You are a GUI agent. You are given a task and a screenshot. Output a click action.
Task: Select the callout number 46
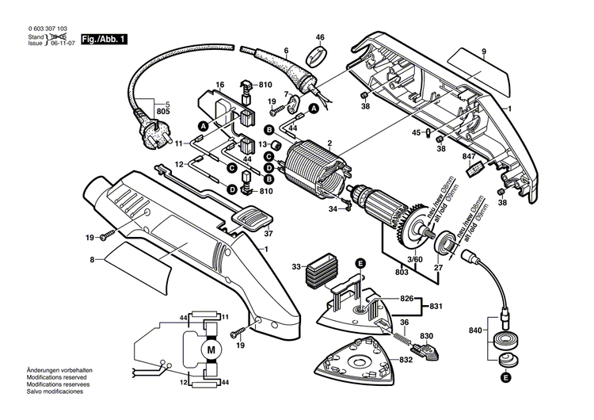(321, 37)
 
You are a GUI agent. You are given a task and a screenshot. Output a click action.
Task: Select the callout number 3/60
(414, 260)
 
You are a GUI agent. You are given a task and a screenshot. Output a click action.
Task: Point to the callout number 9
(482, 52)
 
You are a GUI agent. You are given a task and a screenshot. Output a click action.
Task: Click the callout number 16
(220, 84)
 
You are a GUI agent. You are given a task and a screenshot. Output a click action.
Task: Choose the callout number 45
(417, 132)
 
